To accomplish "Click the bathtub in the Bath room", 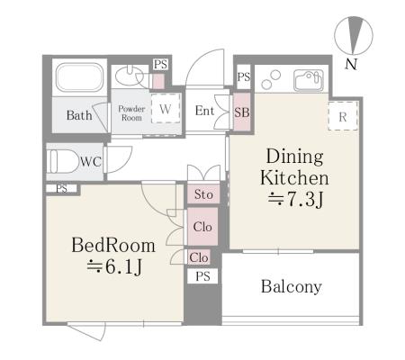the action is (x=80, y=77).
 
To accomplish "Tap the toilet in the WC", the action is (x=62, y=161).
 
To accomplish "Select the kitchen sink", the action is (x=309, y=80).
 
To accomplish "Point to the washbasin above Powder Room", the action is (x=129, y=76).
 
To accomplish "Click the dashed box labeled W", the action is (x=166, y=108).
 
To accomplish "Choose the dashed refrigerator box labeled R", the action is (x=343, y=116).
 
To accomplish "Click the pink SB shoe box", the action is (x=242, y=112).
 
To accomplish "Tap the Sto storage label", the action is (x=203, y=194).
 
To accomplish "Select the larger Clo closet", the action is (x=202, y=227).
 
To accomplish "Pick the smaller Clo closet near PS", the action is (x=199, y=257).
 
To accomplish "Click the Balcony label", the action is (x=292, y=286).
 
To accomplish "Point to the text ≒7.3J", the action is (x=296, y=199).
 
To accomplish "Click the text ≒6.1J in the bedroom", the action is (x=114, y=266).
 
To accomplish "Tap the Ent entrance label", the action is (x=204, y=111).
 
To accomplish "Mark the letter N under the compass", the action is (x=351, y=64).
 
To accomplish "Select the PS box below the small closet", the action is (x=202, y=276).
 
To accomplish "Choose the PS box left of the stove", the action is (x=244, y=76).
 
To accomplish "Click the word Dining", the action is (x=295, y=157).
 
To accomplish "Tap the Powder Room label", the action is (x=131, y=113).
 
